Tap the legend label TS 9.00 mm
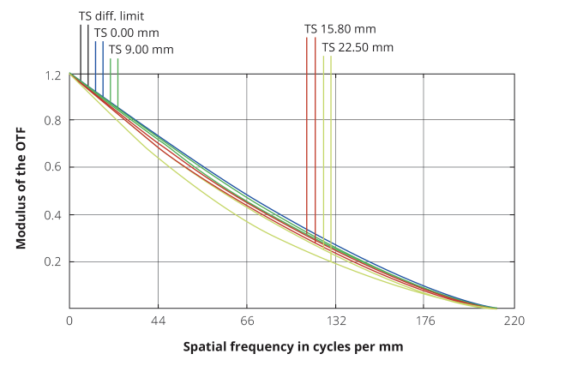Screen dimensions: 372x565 (x=141, y=49)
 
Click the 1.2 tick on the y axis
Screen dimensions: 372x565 (x=53, y=75)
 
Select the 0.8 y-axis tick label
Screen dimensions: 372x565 (x=53, y=121)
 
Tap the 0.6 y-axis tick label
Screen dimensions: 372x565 (x=53, y=167)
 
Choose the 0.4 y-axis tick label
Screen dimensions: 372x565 (x=53, y=214)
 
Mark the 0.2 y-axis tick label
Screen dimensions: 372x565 (x=53, y=261)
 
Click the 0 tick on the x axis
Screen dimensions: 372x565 (x=69, y=321)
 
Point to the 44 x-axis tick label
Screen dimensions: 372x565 (x=158, y=321)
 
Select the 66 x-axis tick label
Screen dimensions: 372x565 (x=247, y=321)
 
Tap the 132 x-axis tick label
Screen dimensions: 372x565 (x=336, y=321)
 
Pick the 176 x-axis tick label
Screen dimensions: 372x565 (x=425, y=321)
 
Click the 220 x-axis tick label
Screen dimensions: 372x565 (x=514, y=321)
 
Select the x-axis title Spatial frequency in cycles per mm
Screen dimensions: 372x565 (x=292, y=347)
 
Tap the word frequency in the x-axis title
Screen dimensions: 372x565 (x=266, y=347)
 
